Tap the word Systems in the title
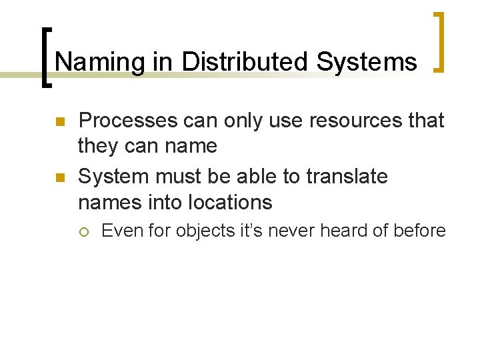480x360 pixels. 367,62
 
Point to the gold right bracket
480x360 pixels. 439,41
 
